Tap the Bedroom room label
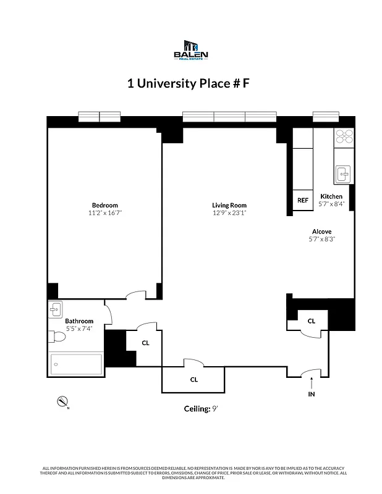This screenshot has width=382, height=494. pos(104,205)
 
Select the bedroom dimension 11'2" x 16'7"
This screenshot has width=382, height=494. pos(104,213)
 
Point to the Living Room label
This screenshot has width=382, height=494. pos(229,205)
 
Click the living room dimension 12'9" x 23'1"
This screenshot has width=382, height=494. pos(229,213)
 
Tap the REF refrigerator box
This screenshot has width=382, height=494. pos(302,200)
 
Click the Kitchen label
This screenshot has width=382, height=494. pos(331,196)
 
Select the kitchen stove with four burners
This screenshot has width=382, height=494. pos(343,136)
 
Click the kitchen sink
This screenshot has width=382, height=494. pos(343,175)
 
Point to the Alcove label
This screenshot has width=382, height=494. pos(321,232)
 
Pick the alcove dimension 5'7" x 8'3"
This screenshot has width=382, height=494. pos(321,240)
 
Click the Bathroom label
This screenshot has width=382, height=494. pos(79,321)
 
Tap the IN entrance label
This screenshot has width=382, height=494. pos(311,393)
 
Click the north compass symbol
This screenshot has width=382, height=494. pos(62,402)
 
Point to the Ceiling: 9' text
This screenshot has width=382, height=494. pos(200,408)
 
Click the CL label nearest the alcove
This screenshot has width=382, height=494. pos(311,320)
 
